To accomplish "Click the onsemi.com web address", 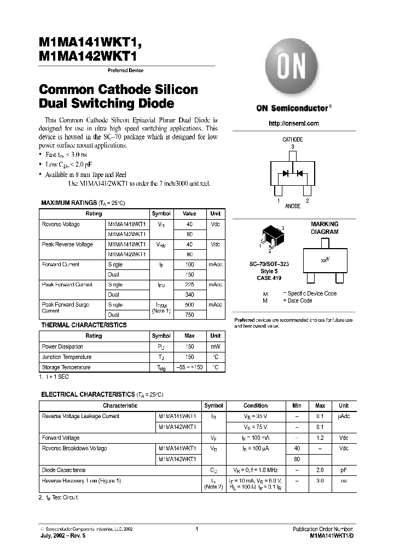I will coord(293,123).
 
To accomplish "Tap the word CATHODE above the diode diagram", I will coord(293,140).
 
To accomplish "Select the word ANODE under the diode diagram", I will coord(293,206).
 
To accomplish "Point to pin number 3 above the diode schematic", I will coord(293,146).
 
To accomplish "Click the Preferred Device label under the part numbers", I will coord(125,70).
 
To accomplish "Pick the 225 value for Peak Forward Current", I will coord(189,285).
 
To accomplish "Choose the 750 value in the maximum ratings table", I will coord(189,315).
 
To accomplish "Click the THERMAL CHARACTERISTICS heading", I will coord(84,325).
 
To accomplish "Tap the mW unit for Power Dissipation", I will coord(216,346).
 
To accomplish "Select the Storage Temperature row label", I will coord(66,367).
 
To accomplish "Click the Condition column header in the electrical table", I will coord(256,405).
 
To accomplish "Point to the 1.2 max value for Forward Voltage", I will coord(320,438).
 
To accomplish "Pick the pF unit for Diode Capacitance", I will coord(343,470).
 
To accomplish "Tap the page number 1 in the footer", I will coord(196,529).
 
